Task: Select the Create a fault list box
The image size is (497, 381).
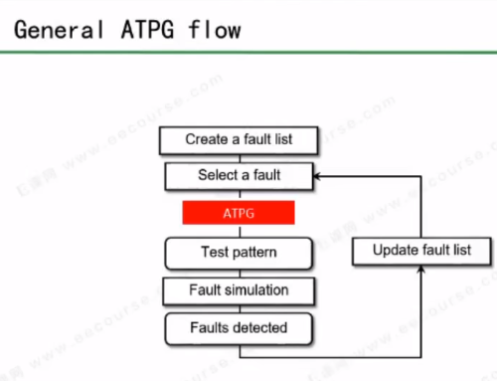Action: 238,139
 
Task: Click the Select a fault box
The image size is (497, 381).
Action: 238,176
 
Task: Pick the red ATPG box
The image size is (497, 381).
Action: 238,213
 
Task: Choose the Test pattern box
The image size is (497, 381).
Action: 238,253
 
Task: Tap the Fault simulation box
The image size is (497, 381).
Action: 238,289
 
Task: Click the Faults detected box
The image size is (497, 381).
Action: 238,326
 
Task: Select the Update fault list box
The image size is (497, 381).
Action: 421,251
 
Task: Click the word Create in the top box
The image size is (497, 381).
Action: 206,139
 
